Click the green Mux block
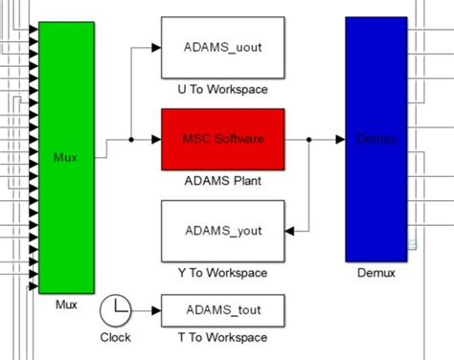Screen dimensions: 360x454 [66, 158]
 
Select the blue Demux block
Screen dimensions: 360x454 [375, 139]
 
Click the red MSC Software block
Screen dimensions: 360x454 [222, 139]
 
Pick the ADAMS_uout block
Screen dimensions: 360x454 [222, 46]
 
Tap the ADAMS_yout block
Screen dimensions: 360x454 [222, 231]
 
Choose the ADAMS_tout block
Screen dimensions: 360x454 [222, 309]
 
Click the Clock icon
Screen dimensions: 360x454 [116, 308]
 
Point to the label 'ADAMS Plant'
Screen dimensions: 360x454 [222, 179]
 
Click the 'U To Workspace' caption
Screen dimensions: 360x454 [222, 90]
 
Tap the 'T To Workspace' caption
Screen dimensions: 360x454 [222, 337]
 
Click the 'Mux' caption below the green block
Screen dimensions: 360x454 [66, 304]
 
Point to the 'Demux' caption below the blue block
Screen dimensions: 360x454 [375, 273]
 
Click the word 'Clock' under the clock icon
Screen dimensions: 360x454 [116, 337]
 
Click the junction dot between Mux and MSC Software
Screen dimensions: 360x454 [130, 139]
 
